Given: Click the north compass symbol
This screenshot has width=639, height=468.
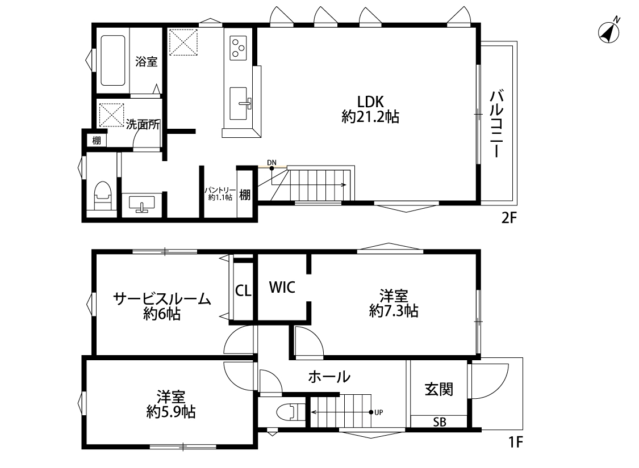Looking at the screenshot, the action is pos(609,31).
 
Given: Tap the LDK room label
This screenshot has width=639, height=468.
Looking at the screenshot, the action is pos(370,101).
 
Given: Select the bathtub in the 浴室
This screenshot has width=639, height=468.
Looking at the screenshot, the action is pos(113,60).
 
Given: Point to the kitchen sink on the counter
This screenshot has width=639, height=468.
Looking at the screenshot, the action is pos(239,103).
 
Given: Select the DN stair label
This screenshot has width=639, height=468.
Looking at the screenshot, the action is pos(272,163).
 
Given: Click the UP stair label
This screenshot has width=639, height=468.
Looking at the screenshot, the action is pos(379,412).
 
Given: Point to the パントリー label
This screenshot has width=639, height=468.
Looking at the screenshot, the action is pos(220,190).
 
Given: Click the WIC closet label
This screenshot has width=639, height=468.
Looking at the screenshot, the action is pos(282,287).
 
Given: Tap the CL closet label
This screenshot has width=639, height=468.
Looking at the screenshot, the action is pos(243,291).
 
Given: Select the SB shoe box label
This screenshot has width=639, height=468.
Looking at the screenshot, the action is pos(439,423).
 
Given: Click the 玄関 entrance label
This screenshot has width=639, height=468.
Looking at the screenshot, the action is pos(439,390).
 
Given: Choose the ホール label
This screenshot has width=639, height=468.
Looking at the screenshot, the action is pos(329,377).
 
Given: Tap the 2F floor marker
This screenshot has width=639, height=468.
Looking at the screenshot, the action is pos(509,218).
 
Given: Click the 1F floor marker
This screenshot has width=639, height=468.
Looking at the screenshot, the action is pos(516,442).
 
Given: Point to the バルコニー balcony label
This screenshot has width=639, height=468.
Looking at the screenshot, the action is pos(496,124).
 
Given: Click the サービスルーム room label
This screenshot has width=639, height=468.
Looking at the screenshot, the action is pos(162,299).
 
